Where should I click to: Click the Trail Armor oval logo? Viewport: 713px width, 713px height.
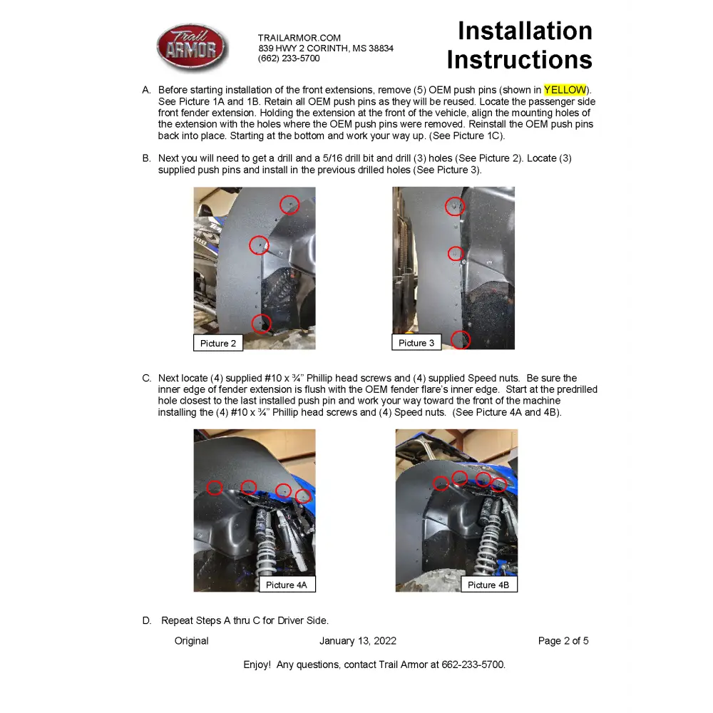[192, 48]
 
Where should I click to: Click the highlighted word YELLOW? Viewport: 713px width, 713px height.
[565, 90]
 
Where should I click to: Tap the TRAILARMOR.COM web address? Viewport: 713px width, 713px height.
[299, 38]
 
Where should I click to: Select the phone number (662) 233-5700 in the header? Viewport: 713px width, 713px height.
[289, 58]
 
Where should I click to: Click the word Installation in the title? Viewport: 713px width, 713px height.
[525, 31]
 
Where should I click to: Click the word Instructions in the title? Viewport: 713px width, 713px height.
[519, 60]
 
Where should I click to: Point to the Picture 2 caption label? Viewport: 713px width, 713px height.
[218, 343]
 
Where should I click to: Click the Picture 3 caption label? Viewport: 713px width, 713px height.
[416, 343]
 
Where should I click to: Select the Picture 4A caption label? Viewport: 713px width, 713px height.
[286, 585]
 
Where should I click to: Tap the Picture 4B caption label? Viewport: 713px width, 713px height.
[488, 585]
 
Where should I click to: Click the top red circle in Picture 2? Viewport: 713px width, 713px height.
[289, 205]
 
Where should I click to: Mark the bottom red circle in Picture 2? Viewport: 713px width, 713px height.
[262, 324]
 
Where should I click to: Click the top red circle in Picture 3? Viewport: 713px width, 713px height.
[455, 207]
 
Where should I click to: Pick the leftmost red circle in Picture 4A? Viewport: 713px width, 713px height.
[215, 487]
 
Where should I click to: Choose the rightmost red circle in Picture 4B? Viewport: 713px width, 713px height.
[499, 485]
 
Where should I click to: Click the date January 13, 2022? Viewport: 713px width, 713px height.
[358, 641]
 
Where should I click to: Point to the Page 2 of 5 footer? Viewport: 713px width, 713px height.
[563, 641]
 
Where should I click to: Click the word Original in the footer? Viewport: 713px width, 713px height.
[192, 641]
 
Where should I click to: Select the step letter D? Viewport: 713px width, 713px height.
[147, 620]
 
